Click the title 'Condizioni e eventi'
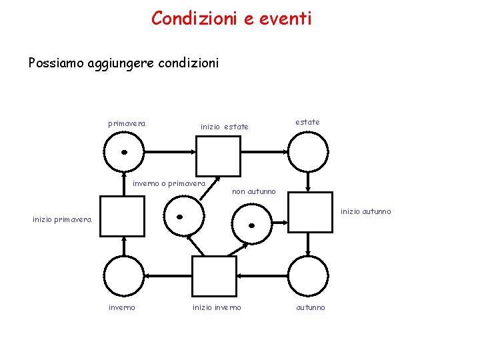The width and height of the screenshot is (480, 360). [x=231, y=19]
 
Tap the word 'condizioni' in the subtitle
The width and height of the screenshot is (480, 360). [x=190, y=63]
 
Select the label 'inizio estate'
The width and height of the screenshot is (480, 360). [x=225, y=127]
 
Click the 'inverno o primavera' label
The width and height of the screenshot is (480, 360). [x=169, y=183]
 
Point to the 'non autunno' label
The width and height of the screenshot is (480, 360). [x=253, y=192]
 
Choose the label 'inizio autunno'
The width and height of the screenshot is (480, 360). [x=366, y=212]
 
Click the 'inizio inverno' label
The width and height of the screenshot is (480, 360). [x=217, y=307]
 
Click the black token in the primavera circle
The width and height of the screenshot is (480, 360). [x=124, y=152]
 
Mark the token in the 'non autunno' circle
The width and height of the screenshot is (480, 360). [x=252, y=225]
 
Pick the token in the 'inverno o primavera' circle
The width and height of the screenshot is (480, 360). [x=179, y=217]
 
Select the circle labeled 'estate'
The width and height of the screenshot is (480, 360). [x=307, y=153]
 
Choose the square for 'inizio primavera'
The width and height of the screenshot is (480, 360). [x=122, y=217]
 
